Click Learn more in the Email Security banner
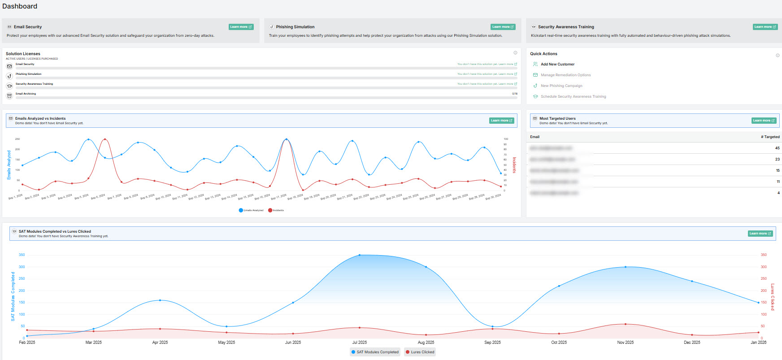click(x=241, y=27)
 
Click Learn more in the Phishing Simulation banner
click(x=503, y=27)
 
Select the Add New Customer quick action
click(x=557, y=64)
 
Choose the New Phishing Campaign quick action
click(x=561, y=86)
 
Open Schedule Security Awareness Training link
click(x=573, y=96)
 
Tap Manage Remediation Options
click(x=565, y=75)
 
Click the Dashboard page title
click(x=20, y=6)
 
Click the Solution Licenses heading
click(x=23, y=54)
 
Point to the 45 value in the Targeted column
click(x=777, y=148)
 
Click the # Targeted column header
click(x=770, y=137)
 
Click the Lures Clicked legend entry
click(x=420, y=352)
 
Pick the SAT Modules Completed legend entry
click(x=375, y=352)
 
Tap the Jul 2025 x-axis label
click(x=360, y=343)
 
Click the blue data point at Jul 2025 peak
click(x=360, y=255)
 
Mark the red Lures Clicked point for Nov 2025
click(x=626, y=324)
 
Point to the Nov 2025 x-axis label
click(x=626, y=343)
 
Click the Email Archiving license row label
click(x=26, y=94)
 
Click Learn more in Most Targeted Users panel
click(x=764, y=121)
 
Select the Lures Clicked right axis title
click(x=772, y=297)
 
